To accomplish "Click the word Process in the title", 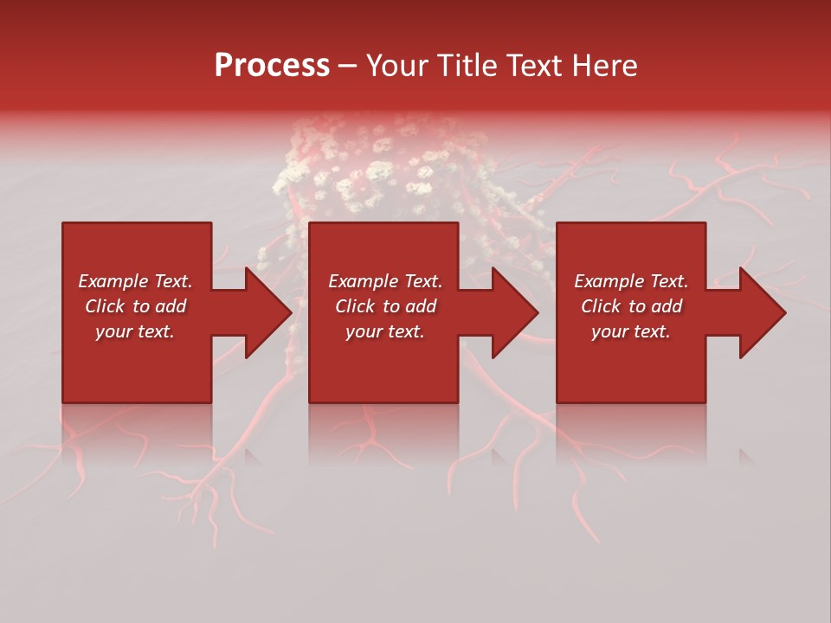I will tap(272, 66).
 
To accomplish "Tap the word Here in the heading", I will tap(605, 66).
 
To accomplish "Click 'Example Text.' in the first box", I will tap(135, 281).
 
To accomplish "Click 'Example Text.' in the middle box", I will tap(385, 281).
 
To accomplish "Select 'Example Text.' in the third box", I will tap(631, 281).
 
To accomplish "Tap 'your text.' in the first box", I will tap(135, 331).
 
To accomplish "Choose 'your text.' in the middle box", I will tap(385, 331).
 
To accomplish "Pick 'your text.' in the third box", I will tap(631, 331).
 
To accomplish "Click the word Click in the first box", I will tap(105, 306).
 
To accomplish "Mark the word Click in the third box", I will tap(601, 306).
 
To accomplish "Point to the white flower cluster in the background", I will tap(372, 169).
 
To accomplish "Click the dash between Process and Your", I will tap(347, 67).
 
